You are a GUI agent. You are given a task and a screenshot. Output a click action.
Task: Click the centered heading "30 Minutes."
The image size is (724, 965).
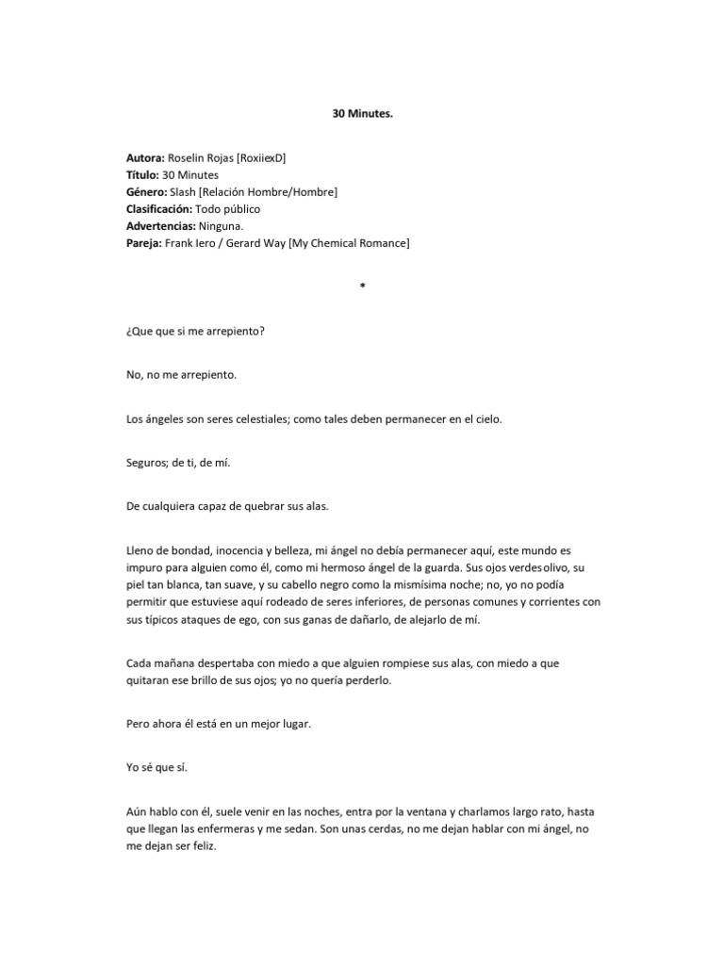[362, 112]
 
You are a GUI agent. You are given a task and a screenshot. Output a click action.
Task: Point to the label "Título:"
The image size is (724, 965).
[142, 175]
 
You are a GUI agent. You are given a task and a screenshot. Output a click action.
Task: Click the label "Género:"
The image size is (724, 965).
[147, 192]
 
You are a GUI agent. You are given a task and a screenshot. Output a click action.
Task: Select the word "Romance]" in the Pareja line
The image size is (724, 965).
[384, 243]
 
